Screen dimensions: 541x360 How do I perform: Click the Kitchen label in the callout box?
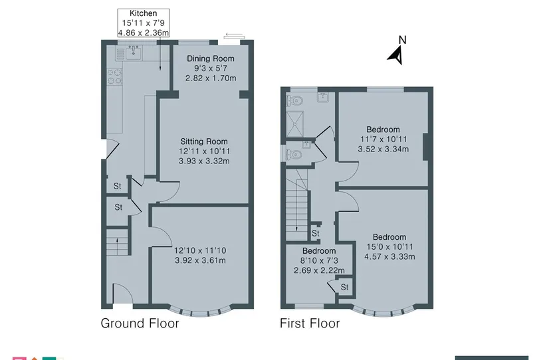click(143, 13)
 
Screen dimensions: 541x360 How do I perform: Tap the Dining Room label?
click(211, 58)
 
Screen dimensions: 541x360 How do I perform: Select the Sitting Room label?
click(204, 141)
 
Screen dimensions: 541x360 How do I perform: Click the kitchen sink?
click(134, 52)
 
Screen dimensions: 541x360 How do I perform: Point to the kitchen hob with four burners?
click(115, 76)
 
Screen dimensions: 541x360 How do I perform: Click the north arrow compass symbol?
click(395, 56)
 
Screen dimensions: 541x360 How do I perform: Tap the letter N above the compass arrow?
click(402, 40)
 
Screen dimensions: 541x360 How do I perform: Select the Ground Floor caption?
click(140, 323)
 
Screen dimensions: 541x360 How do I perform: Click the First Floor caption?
click(310, 323)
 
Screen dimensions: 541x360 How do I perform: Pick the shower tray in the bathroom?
click(295, 124)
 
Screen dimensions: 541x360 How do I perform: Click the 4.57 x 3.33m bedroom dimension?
click(389, 256)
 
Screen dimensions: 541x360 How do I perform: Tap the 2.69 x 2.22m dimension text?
click(319, 270)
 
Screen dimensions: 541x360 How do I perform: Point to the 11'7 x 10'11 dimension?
click(383, 139)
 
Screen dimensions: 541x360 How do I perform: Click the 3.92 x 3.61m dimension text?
click(200, 260)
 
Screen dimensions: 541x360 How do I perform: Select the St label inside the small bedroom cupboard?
click(344, 287)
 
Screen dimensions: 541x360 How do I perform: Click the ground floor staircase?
click(117, 242)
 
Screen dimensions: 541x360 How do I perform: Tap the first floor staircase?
click(296, 205)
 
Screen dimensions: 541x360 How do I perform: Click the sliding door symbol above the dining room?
click(234, 36)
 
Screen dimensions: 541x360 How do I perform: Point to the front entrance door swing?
click(123, 294)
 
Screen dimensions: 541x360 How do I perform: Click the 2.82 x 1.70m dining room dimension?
click(211, 78)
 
